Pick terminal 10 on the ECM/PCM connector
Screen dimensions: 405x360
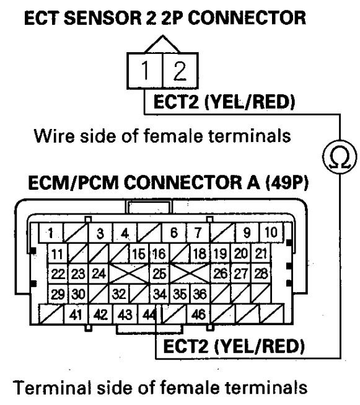pos(270,233)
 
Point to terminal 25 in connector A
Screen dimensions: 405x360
pos(159,273)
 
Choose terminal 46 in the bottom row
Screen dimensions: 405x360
pos(198,314)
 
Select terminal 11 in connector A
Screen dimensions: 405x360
pos(56,253)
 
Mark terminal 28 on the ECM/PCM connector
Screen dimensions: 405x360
pos(261,273)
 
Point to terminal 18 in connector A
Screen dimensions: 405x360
pos(198,253)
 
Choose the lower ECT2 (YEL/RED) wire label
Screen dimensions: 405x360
pos(232,345)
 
